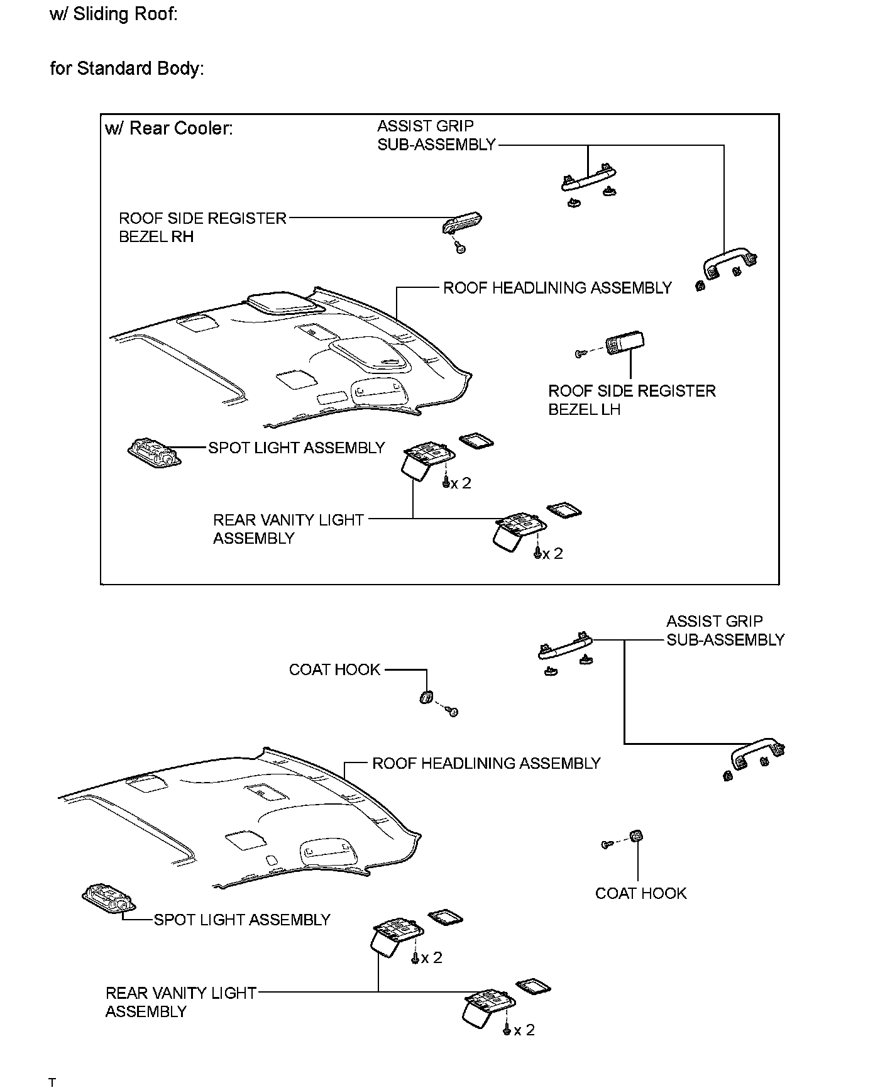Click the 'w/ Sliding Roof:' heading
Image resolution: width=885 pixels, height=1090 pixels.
pos(113,14)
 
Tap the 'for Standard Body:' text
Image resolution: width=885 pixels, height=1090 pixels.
pos(127,68)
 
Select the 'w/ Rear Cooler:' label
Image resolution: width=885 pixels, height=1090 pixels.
pos(169,128)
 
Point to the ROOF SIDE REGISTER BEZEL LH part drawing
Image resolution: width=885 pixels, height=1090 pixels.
pos(625,344)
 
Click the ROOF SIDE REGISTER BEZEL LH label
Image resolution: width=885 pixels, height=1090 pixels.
pos(632,400)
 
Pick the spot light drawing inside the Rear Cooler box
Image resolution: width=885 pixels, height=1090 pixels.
pos(154,453)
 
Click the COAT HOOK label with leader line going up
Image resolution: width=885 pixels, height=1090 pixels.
pos(640,893)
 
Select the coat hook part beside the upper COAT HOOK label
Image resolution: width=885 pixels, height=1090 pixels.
pos(426,696)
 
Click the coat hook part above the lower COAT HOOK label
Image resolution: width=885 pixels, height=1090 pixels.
pos(637,837)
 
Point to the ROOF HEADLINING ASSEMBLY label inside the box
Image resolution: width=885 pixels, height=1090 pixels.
pos(558,288)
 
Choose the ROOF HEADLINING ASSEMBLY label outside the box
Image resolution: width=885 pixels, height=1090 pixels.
pos(486,763)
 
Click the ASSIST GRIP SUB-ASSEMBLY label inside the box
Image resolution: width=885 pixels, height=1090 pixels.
pos(437,135)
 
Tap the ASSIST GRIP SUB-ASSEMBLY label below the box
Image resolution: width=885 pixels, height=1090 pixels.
pos(725,630)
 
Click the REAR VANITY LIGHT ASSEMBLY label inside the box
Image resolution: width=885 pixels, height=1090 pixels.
pos(289,529)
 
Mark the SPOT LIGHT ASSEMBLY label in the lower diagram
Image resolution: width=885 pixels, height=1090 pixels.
pos(242,920)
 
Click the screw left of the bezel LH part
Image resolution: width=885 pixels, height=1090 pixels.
pos(581,354)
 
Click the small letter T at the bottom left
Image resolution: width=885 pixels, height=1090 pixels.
pos(53,1082)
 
